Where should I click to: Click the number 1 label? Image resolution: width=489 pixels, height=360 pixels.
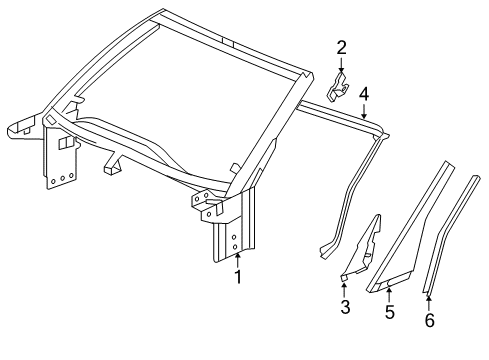[x=237, y=277]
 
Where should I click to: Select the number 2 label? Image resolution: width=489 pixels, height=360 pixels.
[x=341, y=46]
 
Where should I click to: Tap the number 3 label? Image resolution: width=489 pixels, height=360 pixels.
[x=345, y=308]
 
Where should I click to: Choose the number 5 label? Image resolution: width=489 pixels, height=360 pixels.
[x=389, y=312]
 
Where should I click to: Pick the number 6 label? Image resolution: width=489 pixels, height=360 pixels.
[x=429, y=321]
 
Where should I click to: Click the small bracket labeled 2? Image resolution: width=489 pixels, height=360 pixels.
[x=341, y=87]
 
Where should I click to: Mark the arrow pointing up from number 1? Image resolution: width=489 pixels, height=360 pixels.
[x=237, y=259]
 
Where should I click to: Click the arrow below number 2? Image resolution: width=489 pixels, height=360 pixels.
[x=341, y=64]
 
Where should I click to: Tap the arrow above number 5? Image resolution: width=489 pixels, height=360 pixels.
[x=389, y=294]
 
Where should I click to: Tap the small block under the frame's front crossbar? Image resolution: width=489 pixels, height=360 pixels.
[x=111, y=166]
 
